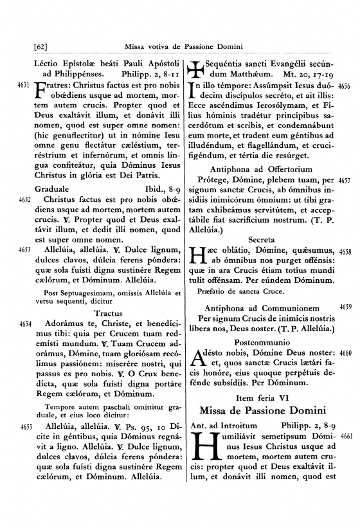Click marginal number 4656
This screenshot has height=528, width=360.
[x=343, y=85]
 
